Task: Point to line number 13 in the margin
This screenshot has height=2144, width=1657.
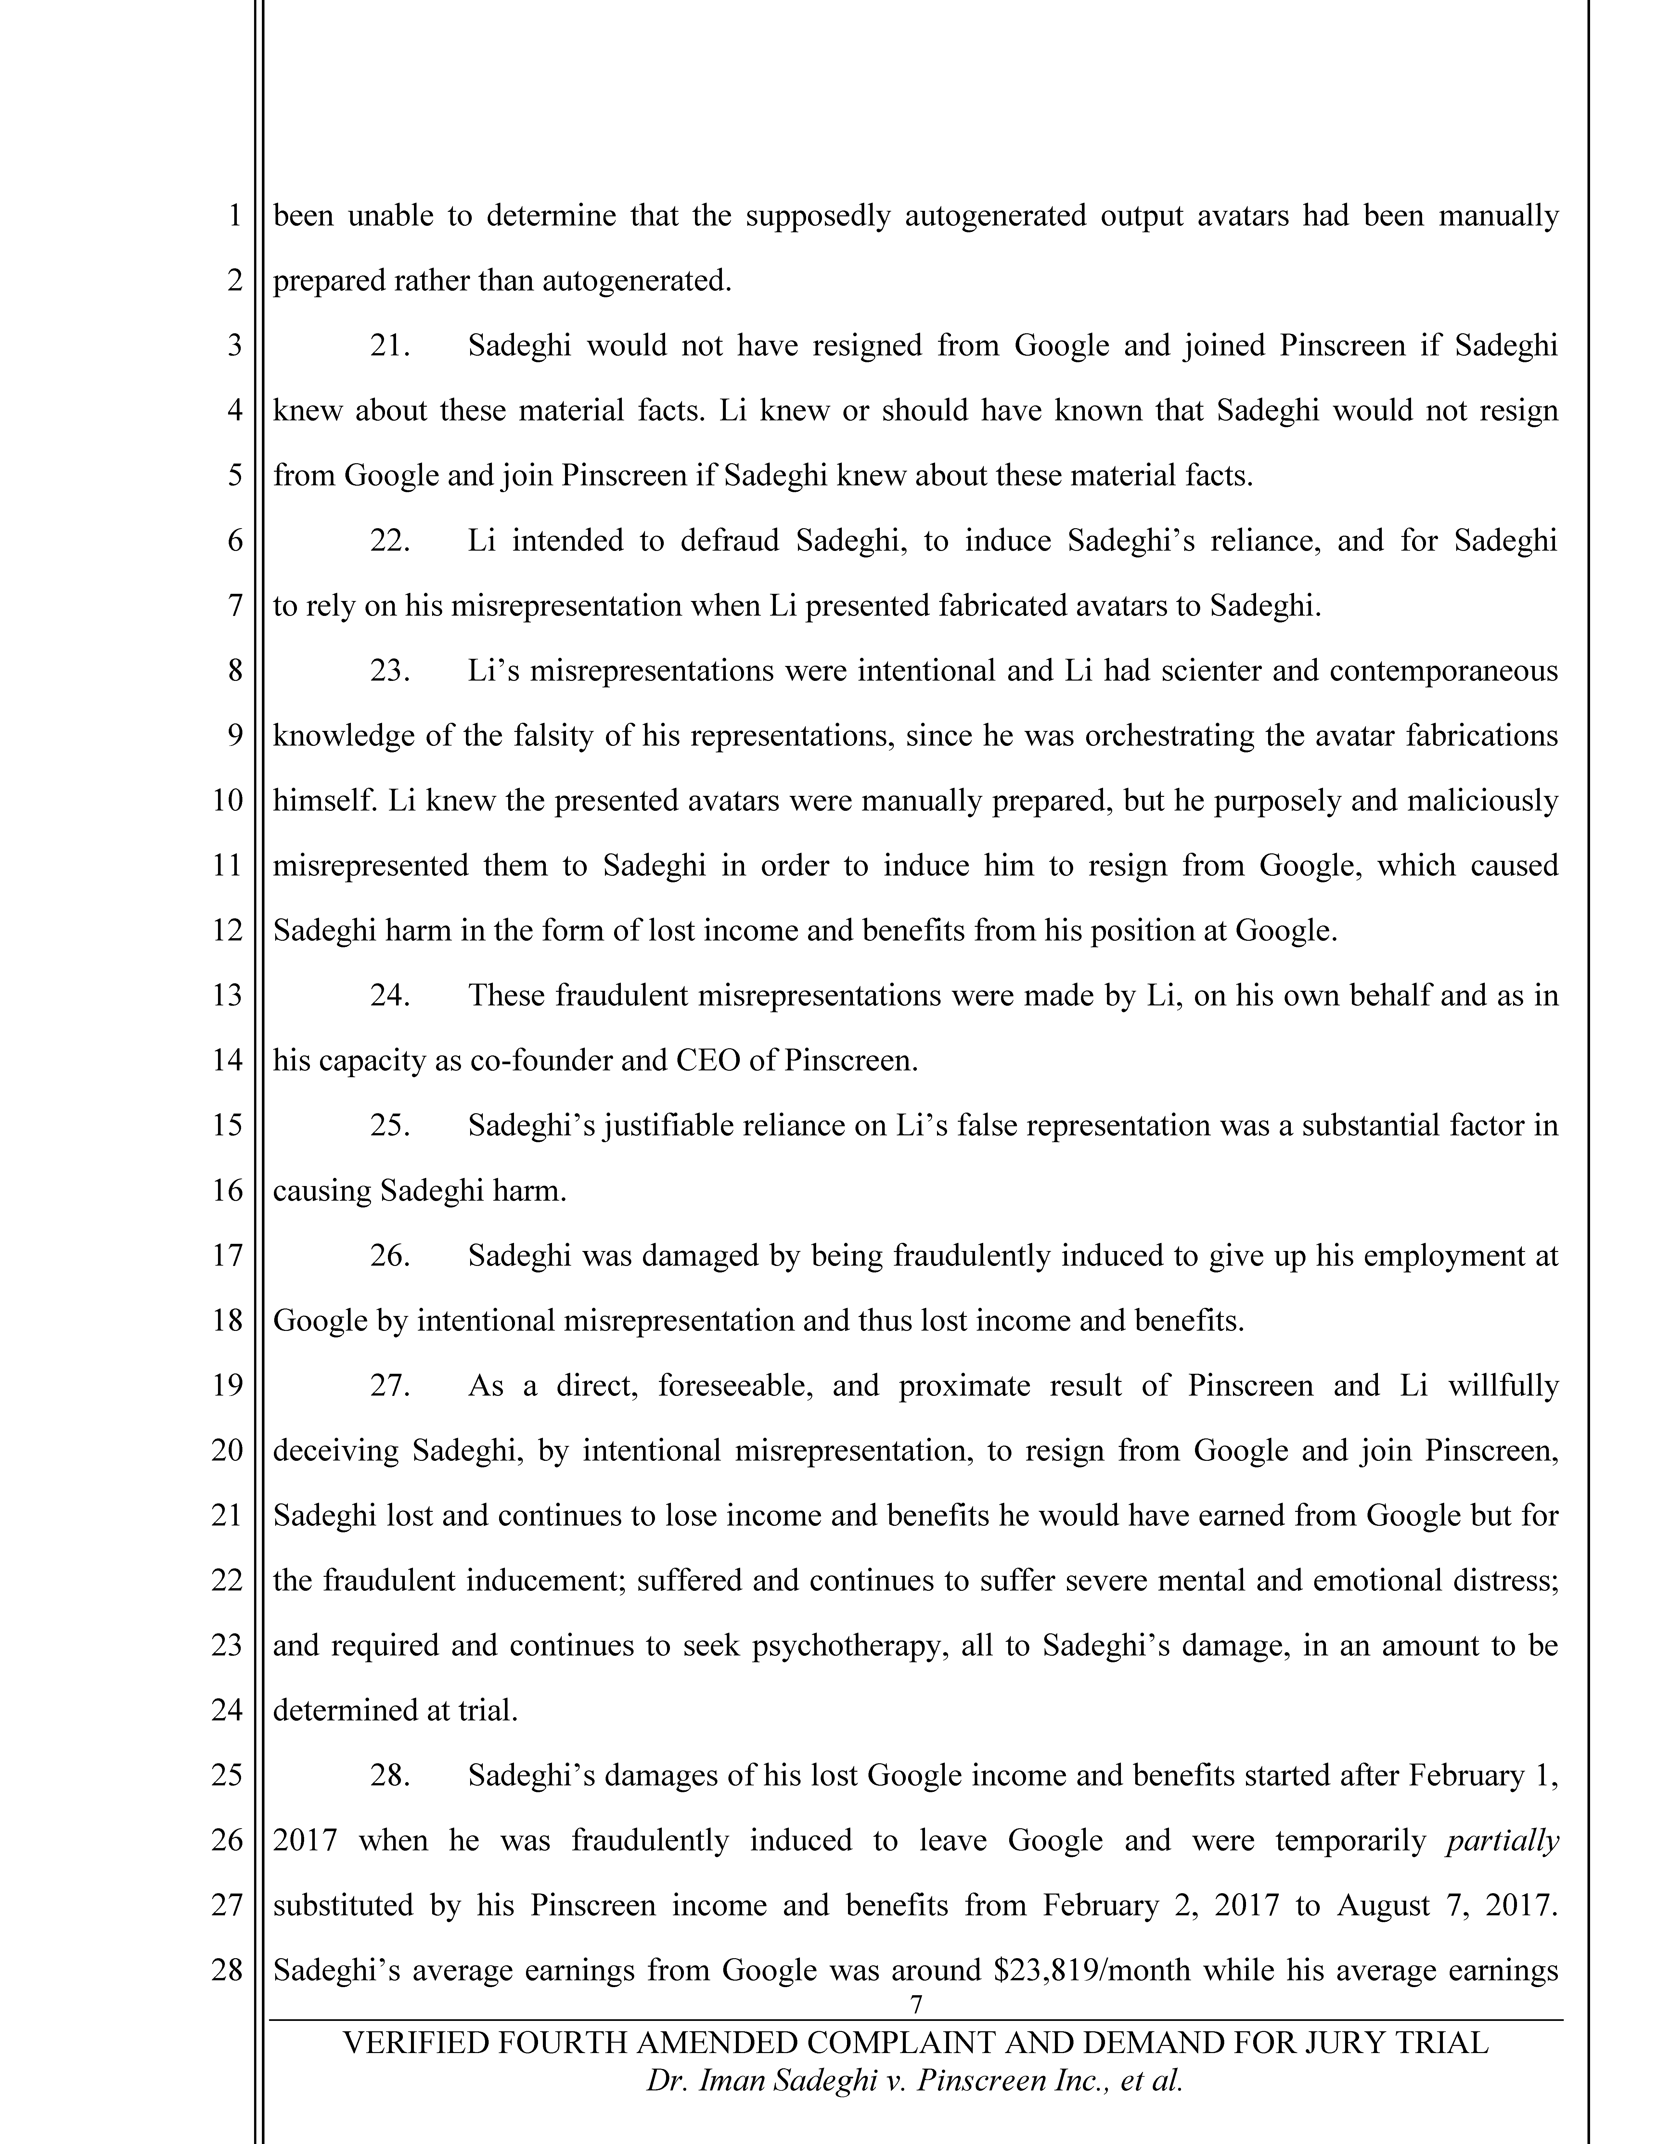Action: (227, 995)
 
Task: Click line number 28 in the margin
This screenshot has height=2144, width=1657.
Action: (227, 1970)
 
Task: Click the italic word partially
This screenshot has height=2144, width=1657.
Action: (1502, 1841)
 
